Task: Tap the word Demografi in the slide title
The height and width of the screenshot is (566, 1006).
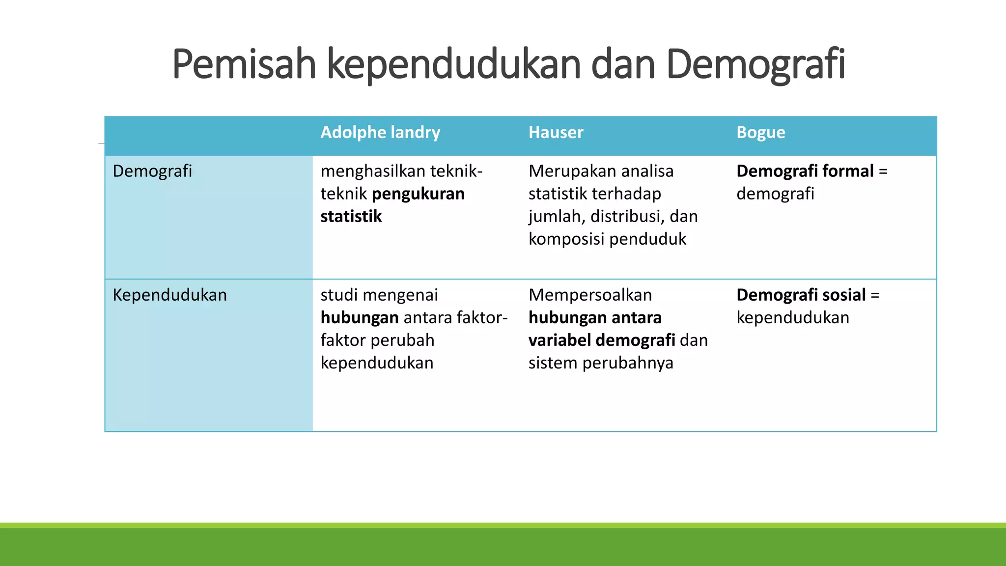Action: pyautogui.click(x=755, y=64)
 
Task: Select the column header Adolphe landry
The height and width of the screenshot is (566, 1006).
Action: pyautogui.click(x=380, y=133)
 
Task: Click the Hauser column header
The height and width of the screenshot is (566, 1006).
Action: pyautogui.click(x=556, y=133)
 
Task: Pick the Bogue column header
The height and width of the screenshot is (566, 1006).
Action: pyautogui.click(x=760, y=133)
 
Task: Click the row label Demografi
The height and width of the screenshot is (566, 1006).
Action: pyautogui.click(x=152, y=171)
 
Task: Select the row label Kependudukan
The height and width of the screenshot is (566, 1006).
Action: pyautogui.click(x=169, y=295)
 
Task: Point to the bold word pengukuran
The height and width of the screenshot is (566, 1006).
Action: pyautogui.click(x=418, y=194)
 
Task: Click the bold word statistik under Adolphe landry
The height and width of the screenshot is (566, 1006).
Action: pyautogui.click(x=351, y=217)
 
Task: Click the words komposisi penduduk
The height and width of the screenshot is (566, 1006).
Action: pyautogui.click(x=607, y=239)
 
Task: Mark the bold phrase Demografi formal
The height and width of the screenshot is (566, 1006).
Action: pyautogui.click(x=805, y=171)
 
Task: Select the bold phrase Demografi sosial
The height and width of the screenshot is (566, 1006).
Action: pyautogui.click(x=801, y=295)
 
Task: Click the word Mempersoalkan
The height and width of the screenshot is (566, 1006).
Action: pyautogui.click(x=590, y=295)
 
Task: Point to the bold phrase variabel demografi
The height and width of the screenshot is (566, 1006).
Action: pyautogui.click(x=602, y=340)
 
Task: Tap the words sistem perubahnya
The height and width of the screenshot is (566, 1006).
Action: pyautogui.click(x=601, y=363)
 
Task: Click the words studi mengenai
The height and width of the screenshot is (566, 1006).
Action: pyautogui.click(x=379, y=295)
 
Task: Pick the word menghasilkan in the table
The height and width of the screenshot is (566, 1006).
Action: pyautogui.click(x=373, y=171)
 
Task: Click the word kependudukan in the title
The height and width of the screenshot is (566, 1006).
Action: pyautogui.click(x=453, y=64)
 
